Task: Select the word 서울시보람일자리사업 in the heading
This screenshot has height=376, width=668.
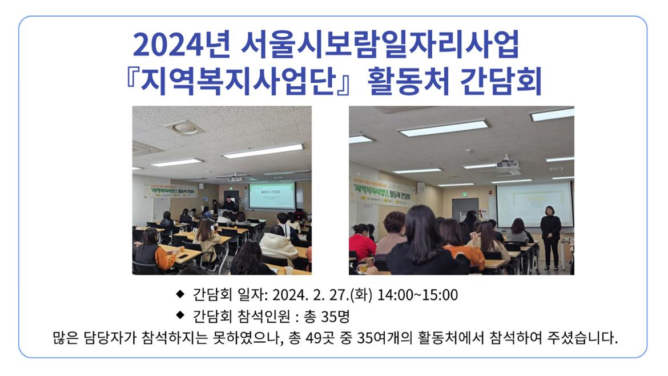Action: pos(380,45)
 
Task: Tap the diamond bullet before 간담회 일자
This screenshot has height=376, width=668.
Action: pos(180,294)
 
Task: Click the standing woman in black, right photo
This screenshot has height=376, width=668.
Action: pos(550,237)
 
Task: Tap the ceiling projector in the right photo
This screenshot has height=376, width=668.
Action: pos(507,165)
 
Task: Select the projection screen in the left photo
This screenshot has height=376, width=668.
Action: pos(272,195)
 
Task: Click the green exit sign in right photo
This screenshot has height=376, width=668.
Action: pos(464,194)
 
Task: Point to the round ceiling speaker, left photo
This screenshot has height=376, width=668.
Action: pos(184,127)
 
